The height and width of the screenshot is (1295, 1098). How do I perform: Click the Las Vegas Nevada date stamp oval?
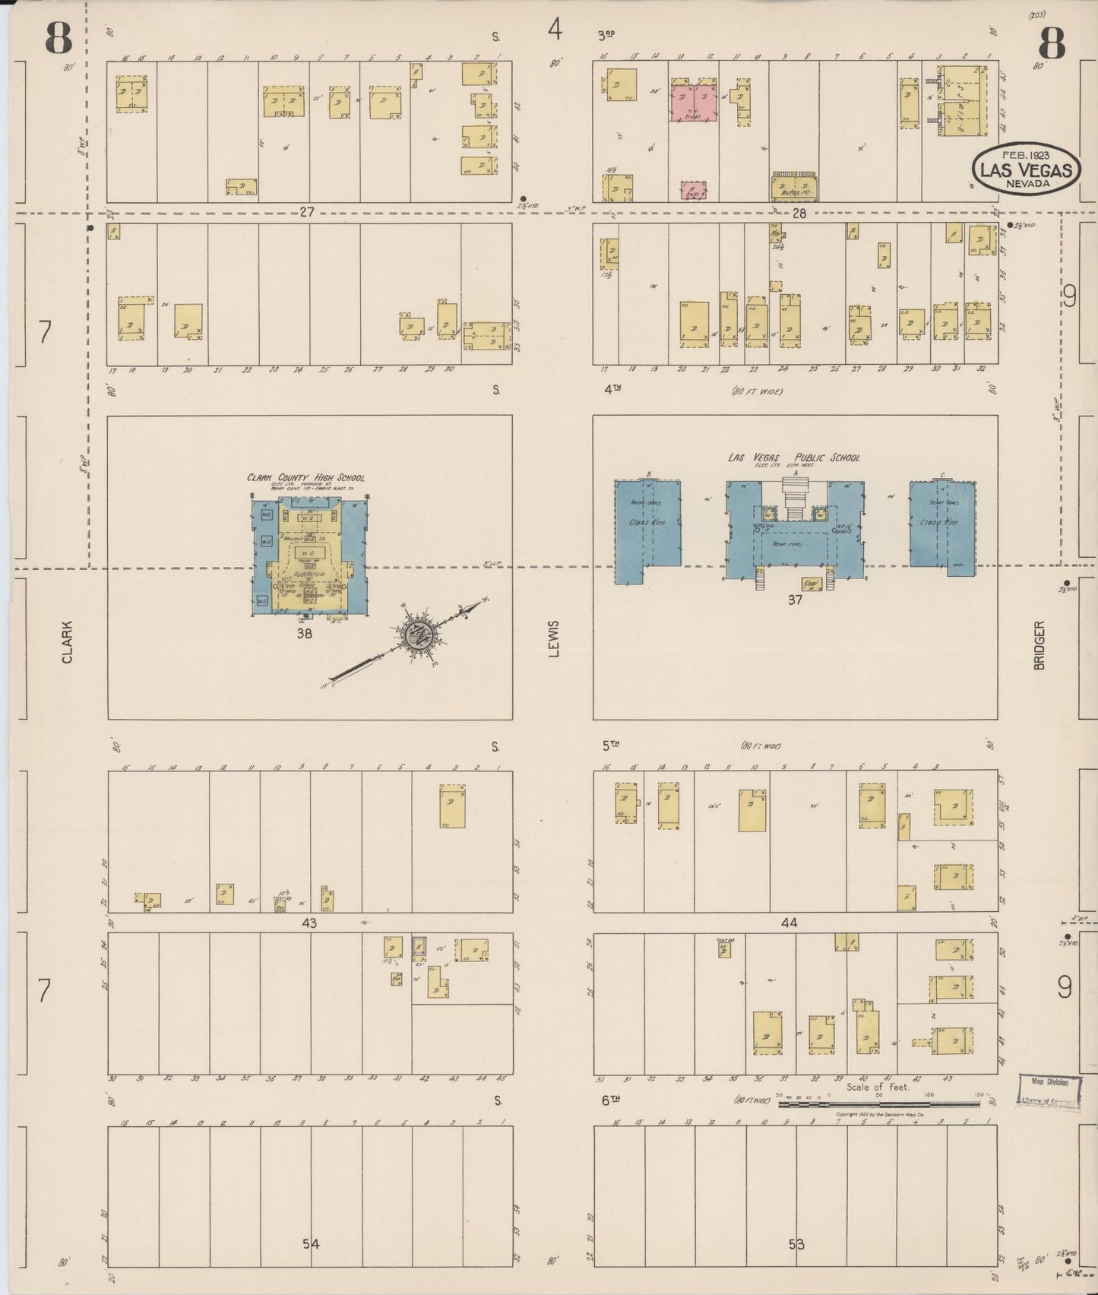(x=1026, y=169)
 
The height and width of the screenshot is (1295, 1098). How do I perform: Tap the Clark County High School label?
(x=305, y=477)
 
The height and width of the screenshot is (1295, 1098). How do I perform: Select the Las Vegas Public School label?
(x=794, y=458)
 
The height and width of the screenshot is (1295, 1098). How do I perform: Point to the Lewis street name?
(x=553, y=638)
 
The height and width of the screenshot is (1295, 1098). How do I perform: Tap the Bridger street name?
(x=1039, y=645)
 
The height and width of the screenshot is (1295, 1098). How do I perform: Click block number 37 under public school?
(x=795, y=600)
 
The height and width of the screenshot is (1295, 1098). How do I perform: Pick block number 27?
(x=306, y=213)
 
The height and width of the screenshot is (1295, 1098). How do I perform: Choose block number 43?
(x=309, y=923)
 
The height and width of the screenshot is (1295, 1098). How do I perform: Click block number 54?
(x=311, y=1243)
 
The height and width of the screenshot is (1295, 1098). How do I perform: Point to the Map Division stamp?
(x=1049, y=1093)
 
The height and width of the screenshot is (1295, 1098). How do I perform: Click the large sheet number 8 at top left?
(x=59, y=38)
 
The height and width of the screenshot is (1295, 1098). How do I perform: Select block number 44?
(x=789, y=923)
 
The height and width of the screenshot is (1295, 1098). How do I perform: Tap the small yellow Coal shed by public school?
(x=812, y=584)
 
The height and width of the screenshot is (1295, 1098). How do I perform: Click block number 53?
(x=796, y=1244)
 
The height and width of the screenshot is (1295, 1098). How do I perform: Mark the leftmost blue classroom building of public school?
(x=647, y=530)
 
